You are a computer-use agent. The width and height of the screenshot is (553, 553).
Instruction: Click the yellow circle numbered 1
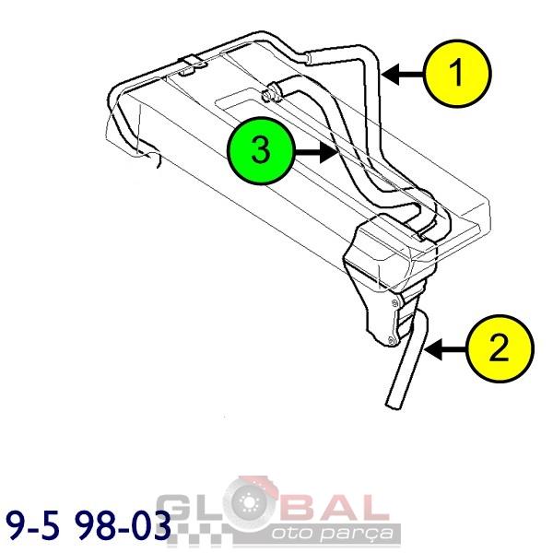458,74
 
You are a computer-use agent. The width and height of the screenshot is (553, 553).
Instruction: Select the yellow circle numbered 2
500,348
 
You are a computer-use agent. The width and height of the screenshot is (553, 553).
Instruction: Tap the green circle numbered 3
261,150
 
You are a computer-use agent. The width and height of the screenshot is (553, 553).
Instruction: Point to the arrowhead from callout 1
391,74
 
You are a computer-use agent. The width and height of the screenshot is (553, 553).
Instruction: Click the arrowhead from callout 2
434,349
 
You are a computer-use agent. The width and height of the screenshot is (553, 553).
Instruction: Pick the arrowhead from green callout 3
329,152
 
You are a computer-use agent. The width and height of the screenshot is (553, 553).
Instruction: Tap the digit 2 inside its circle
499,347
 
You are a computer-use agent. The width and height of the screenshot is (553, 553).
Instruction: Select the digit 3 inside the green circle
261,150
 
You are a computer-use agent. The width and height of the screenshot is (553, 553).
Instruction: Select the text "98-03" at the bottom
124,526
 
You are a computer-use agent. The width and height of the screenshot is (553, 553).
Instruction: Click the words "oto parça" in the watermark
332,533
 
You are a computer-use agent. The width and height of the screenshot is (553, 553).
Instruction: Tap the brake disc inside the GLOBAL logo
250,501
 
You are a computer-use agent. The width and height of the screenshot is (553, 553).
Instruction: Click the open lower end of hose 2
392,405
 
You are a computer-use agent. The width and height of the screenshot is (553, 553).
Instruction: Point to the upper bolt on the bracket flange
394,302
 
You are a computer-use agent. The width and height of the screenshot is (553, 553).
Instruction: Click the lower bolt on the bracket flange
390,340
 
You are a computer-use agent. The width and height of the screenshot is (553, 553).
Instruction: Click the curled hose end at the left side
151,157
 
